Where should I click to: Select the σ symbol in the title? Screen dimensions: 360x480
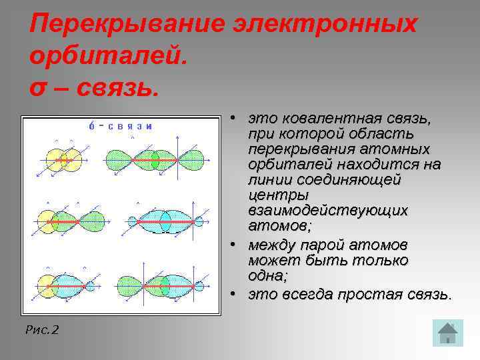39,85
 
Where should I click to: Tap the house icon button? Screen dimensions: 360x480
447,333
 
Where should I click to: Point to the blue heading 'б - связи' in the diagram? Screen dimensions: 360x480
121,127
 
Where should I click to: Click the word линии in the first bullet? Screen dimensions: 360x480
266,179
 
